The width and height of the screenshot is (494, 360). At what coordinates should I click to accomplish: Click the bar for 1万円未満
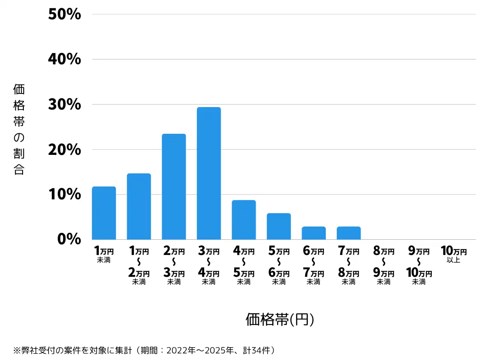click(x=104, y=213)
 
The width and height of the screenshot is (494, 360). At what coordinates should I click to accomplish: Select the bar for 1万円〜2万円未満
click(x=139, y=206)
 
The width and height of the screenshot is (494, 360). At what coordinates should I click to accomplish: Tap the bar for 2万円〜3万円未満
click(x=174, y=187)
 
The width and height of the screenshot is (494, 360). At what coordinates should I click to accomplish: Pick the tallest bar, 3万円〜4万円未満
click(x=209, y=173)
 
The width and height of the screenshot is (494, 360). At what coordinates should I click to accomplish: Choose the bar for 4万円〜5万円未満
click(x=244, y=220)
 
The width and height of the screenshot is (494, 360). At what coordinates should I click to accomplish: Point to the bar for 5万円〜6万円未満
click(x=279, y=226)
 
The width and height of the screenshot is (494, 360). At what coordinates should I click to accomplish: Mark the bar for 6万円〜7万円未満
click(x=314, y=233)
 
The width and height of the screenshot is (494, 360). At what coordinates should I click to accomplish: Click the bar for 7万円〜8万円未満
click(x=349, y=233)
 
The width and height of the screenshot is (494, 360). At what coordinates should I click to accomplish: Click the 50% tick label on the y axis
click(x=65, y=14)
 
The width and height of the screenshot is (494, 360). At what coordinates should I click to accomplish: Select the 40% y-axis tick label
click(x=65, y=59)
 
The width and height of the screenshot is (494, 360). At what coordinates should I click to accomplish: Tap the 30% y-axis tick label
click(x=65, y=104)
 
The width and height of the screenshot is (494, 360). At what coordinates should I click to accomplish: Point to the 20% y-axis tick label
click(x=65, y=150)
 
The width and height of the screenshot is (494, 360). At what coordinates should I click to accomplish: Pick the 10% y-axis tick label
click(x=65, y=194)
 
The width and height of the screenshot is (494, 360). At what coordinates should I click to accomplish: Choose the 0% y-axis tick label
click(x=69, y=239)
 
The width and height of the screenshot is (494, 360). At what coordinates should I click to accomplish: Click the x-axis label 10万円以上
click(x=454, y=254)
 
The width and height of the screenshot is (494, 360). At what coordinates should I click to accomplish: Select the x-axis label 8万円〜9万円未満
click(x=384, y=265)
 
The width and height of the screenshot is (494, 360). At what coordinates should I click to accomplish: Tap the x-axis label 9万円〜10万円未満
click(x=419, y=265)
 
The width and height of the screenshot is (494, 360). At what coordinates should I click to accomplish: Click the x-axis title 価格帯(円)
click(x=280, y=319)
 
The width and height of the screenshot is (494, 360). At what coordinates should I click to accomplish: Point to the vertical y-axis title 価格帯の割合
click(x=19, y=129)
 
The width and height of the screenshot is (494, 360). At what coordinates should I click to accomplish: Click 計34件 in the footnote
click(x=256, y=350)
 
